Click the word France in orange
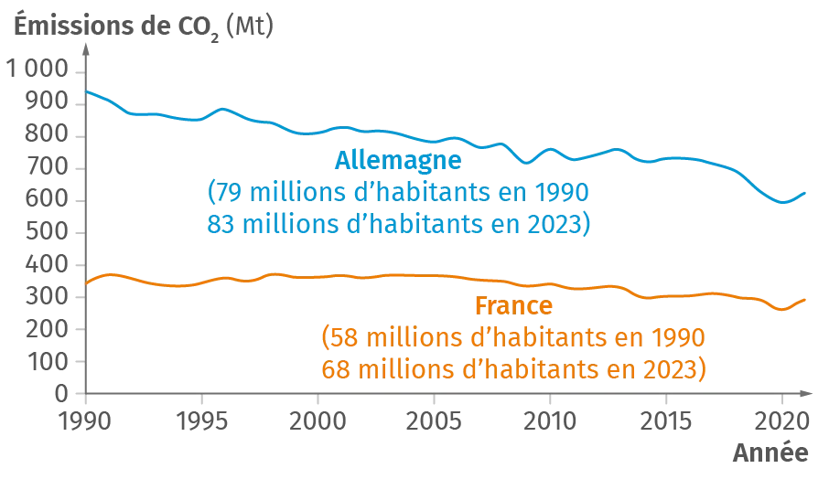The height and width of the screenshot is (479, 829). (514, 305)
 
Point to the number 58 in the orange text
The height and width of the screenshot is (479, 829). (339, 338)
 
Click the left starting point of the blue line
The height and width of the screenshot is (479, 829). (85, 91)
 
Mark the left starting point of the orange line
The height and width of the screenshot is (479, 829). (85, 282)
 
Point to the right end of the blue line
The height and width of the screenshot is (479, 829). (808, 193)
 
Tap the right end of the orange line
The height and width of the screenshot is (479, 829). (808, 297)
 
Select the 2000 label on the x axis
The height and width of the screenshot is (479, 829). (318, 422)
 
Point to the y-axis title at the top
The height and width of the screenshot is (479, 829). (147, 22)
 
